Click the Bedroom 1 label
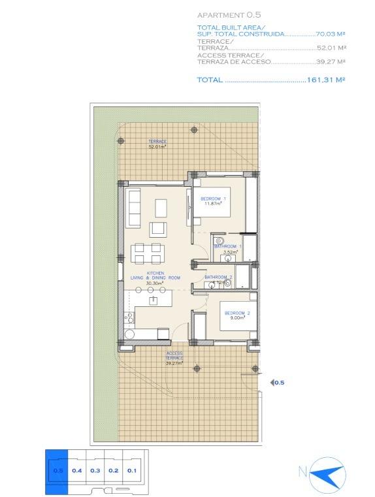pyautogui.click(x=213, y=199)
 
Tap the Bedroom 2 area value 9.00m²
pyautogui.click(x=235, y=318)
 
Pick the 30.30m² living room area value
pyautogui.click(x=155, y=283)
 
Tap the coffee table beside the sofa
pyautogui.click(x=161, y=208)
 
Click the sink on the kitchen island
pyautogui.click(x=154, y=300)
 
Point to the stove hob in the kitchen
pyautogui.click(x=129, y=319)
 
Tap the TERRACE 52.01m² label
pyautogui.click(x=157, y=144)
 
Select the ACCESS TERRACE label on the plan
pyautogui.click(x=174, y=355)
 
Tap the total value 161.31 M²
pyautogui.click(x=325, y=80)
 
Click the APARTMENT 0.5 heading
pyautogui.click(x=223, y=14)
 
